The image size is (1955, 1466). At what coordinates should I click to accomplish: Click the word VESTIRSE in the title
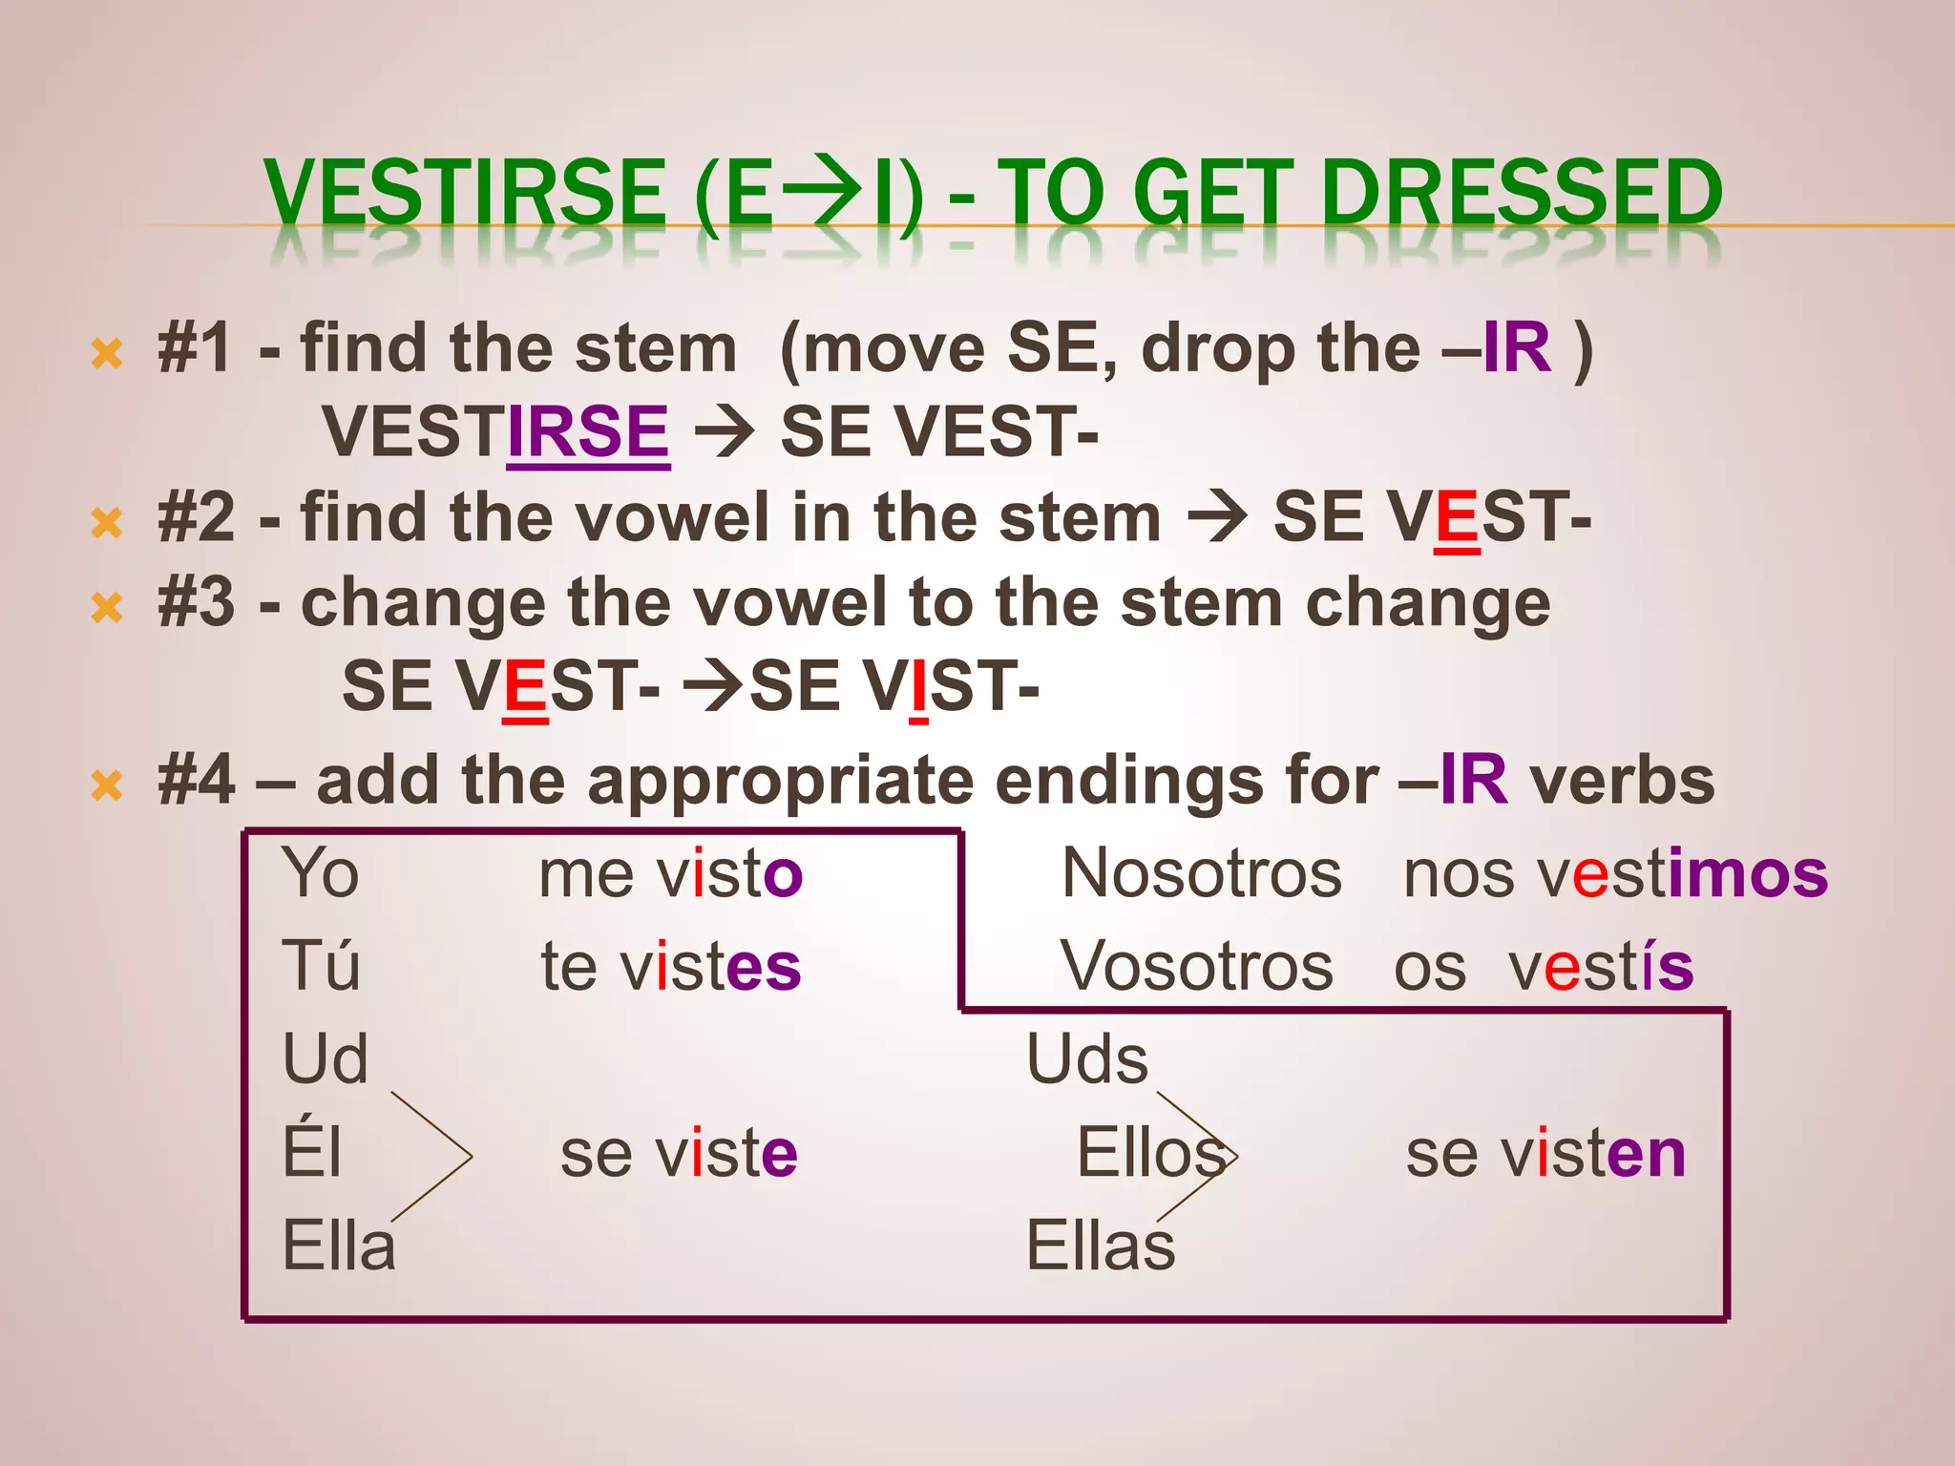[x=465, y=194]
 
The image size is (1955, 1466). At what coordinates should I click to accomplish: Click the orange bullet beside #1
[x=107, y=354]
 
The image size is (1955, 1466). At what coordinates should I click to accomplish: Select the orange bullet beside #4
[x=107, y=785]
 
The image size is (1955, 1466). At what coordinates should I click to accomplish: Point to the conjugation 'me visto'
[x=670, y=873]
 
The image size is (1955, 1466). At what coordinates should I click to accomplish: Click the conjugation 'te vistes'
[x=670, y=966]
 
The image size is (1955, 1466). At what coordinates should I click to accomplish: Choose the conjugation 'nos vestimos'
[x=1615, y=873]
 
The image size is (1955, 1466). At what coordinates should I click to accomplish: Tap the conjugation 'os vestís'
[x=1544, y=966]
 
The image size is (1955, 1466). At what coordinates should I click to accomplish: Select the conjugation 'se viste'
[x=678, y=1153]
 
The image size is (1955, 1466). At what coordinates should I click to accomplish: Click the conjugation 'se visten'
[x=1545, y=1153]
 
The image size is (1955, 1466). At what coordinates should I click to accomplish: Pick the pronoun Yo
[x=321, y=873]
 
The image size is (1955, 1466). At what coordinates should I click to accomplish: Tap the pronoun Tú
[x=321, y=966]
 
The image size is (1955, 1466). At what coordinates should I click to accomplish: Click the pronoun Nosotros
[x=1202, y=873]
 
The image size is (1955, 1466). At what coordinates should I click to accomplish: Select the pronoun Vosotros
[x=1197, y=966]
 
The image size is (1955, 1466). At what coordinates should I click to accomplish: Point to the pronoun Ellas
[x=1101, y=1246]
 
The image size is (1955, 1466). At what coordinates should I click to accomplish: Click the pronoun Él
[x=311, y=1153]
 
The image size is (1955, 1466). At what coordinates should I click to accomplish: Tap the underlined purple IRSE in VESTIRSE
[x=588, y=431]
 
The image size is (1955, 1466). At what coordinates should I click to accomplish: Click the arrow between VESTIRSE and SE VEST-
[x=725, y=432]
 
